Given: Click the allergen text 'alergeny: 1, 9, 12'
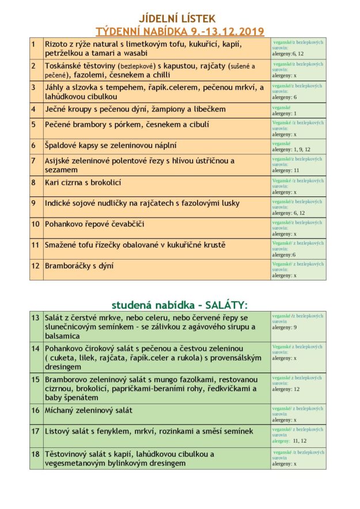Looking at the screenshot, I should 291,149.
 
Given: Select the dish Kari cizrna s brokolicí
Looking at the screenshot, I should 83,183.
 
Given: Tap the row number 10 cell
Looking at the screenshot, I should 36,223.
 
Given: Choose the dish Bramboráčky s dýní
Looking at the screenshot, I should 79,265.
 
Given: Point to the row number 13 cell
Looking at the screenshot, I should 36,318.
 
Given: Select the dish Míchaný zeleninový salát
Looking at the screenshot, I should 89,410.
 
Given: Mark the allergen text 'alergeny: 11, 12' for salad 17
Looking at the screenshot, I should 289,441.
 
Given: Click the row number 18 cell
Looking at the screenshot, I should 36,454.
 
